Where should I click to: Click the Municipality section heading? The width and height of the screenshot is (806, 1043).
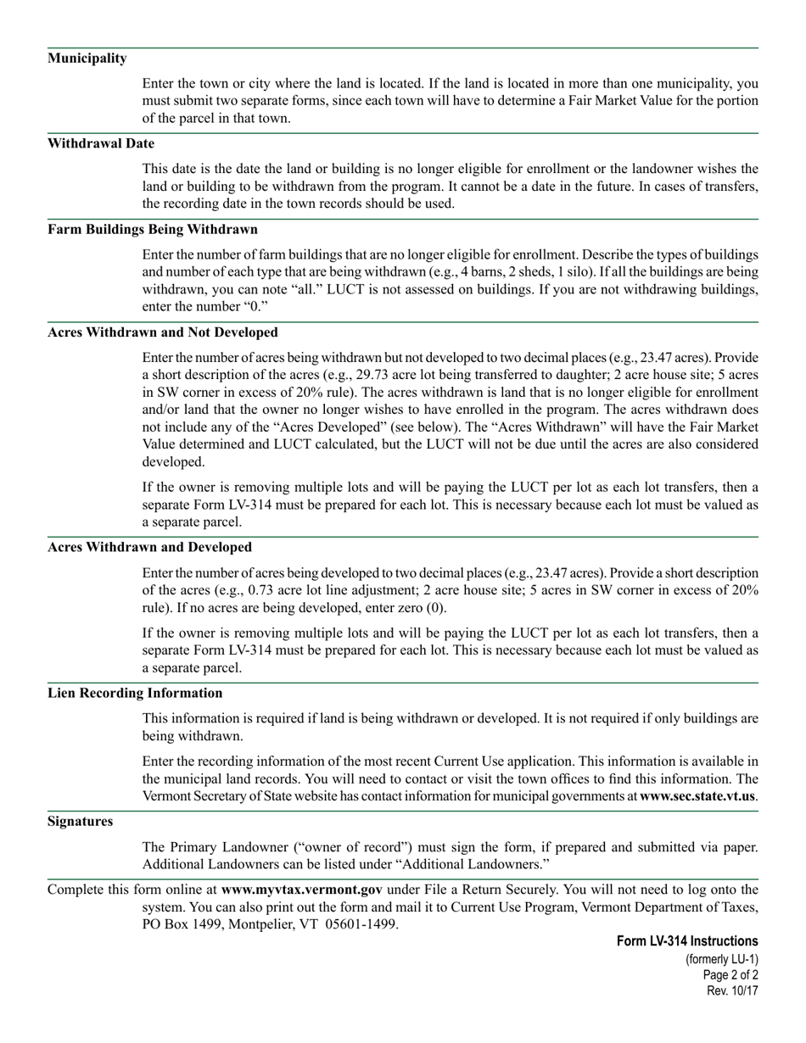point(87,59)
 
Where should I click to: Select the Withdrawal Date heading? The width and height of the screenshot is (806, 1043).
point(101,143)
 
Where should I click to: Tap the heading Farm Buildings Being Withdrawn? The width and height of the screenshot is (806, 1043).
point(153,229)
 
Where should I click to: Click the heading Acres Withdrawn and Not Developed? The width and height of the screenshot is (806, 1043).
point(162,332)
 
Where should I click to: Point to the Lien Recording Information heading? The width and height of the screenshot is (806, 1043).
point(135,693)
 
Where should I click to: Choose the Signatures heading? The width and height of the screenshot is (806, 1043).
point(80,821)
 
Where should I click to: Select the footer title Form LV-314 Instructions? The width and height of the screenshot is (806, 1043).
point(687,941)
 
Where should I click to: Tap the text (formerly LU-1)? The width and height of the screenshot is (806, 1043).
point(722,959)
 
